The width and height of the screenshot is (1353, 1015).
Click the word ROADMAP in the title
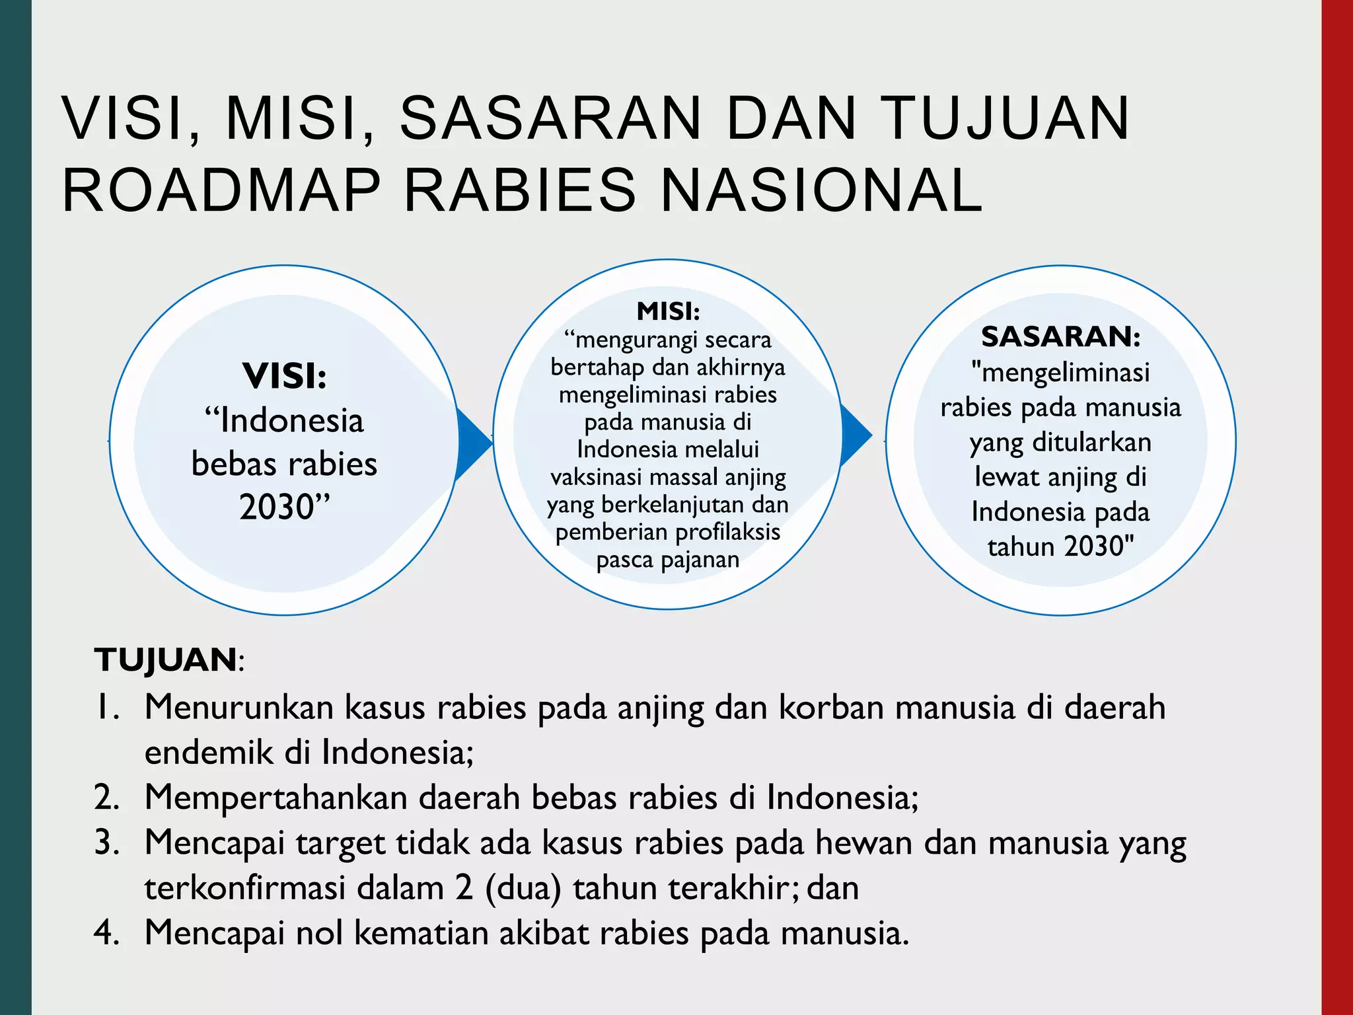(x=221, y=190)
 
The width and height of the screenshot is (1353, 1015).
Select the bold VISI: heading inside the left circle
(x=285, y=376)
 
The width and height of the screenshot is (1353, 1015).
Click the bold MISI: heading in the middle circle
(x=668, y=311)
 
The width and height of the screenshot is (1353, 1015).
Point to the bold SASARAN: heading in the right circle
(x=1060, y=337)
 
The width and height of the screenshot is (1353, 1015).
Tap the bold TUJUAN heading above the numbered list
(x=166, y=659)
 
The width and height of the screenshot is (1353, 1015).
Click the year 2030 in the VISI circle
(x=276, y=507)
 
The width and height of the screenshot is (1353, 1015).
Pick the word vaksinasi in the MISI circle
(x=593, y=477)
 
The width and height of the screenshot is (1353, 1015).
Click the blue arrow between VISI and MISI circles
(x=474, y=441)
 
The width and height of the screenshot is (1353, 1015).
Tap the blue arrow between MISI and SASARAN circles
(x=856, y=436)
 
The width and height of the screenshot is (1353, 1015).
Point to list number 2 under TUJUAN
(x=106, y=797)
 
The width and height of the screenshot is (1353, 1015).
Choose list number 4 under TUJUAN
(x=106, y=933)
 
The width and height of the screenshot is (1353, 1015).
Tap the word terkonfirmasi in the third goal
(x=245, y=888)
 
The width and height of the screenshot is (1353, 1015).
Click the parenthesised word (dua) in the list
(x=523, y=888)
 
